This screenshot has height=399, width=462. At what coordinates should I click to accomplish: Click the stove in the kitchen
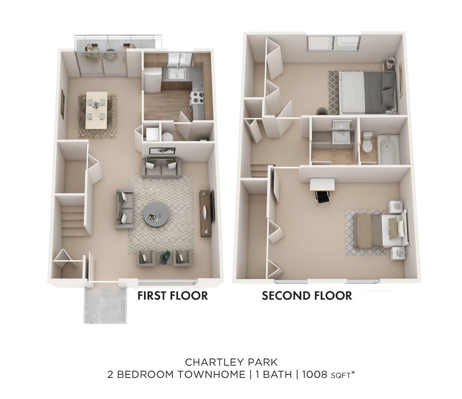(x=196, y=98)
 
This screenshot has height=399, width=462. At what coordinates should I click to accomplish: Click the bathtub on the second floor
(x=388, y=149)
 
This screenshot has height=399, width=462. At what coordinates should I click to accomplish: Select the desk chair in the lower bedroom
(x=323, y=197)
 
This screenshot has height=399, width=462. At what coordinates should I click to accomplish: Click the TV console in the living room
(x=207, y=213)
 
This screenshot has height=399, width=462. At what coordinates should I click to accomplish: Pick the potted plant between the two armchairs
(x=165, y=256)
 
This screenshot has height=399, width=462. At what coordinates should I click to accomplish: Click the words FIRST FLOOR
(x=172, y=296)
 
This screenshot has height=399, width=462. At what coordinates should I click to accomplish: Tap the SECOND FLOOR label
(x=307, y=296)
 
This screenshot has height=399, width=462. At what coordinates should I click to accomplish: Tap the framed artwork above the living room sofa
(x=163, y=151)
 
